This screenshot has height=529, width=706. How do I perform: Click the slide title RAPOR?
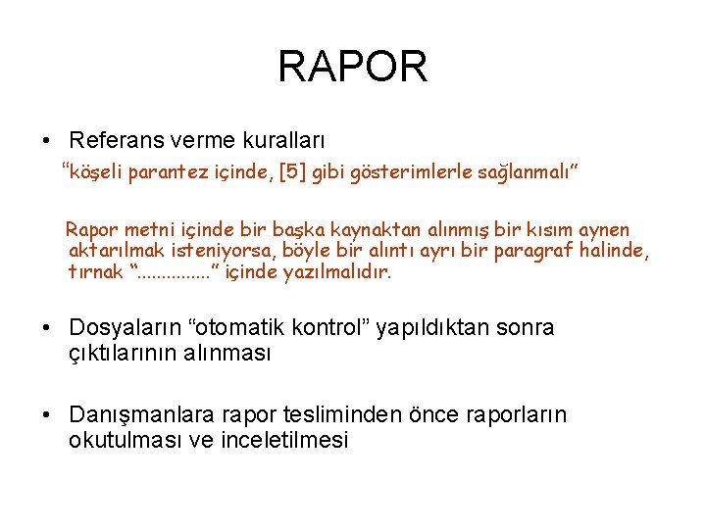[x=353, y=67]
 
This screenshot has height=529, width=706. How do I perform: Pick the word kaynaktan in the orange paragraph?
[x=372, y=229]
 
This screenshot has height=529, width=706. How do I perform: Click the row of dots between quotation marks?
[x=176, y=272]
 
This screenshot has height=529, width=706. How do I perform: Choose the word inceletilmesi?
[x=284, y=440]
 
